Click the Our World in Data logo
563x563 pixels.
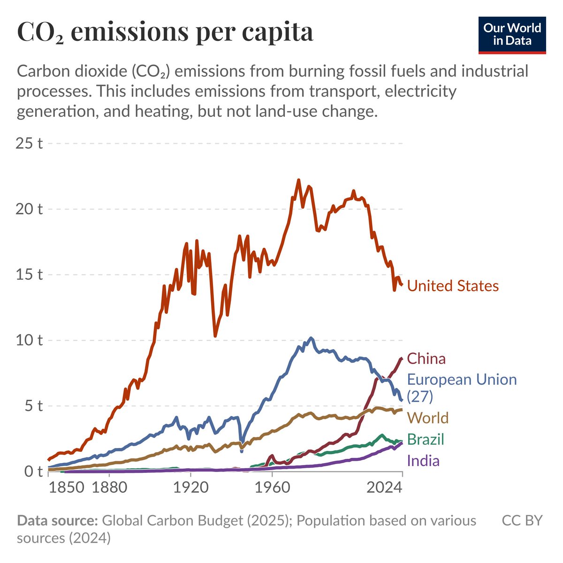click(512, 35)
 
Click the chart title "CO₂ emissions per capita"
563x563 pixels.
click(165, 32)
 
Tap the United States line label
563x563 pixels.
click(453, 286)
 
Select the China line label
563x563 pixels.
click(426, 359)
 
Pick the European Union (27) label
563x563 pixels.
click(461, 387)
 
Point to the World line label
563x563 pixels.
click(428, 418)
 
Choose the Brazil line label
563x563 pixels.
click(425, 440)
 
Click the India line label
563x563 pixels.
click(423, 461)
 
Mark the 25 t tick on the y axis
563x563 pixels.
click(29, 143)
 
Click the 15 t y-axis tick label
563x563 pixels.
click(29, 274)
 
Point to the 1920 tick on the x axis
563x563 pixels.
click(190, 488)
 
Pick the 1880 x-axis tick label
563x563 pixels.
click(108, 488)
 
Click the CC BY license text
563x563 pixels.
click(522, 521)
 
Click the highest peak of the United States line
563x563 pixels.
click(298, 180)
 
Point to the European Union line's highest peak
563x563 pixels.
click(311, 338)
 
